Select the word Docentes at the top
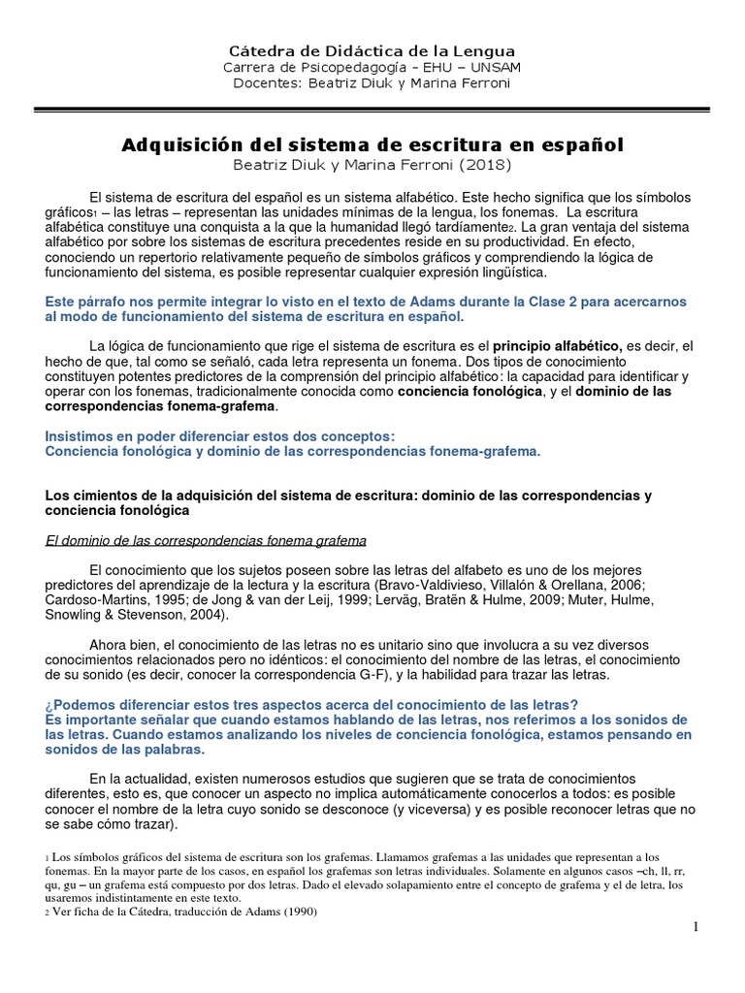[266, 82]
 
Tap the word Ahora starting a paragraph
[109, 644]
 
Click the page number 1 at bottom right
[696, 928]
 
